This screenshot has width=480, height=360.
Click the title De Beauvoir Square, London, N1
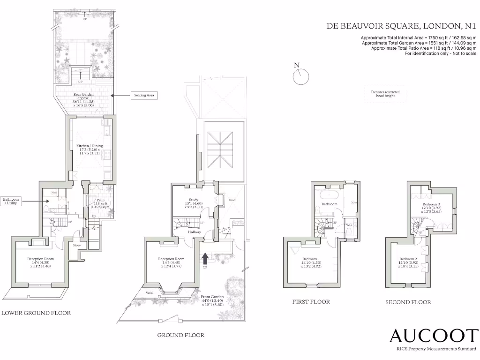coord(401,26)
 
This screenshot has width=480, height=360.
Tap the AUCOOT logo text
coord(434,336)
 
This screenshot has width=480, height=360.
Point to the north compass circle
coord(301,76)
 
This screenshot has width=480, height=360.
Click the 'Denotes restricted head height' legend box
coord(383,94)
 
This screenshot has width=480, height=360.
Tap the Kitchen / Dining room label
coord(90,146)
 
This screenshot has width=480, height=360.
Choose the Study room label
coord(193,200)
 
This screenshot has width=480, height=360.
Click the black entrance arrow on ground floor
coord(205,258)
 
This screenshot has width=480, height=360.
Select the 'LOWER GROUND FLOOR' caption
coord(36,313)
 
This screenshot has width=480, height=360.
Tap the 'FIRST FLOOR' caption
coord(311,302)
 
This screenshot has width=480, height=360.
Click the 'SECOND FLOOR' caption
coord(408,302)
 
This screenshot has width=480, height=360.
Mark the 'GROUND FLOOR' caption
coord(180,335)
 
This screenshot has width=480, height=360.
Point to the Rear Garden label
coord(83,95)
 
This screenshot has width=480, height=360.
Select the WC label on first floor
coord(349,225)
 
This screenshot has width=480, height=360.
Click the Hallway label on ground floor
coord(195,232)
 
